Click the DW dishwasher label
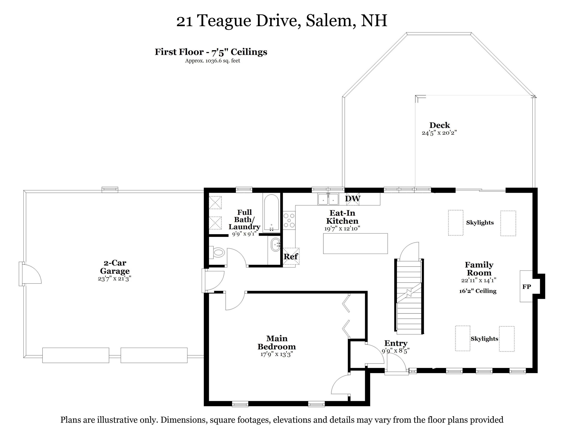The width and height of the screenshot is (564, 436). point(352,199)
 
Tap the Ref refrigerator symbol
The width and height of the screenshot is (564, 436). point(291,256)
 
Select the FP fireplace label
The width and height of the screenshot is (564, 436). point(527,287)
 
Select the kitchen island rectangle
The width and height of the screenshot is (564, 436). point(355,243)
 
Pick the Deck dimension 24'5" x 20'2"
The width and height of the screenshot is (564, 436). point(439,133)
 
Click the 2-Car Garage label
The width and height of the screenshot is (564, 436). point(115,267)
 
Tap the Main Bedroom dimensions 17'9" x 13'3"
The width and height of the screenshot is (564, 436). point(277,354)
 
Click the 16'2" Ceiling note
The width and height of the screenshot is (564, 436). point(478,291)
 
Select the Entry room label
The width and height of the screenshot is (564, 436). point(396,343)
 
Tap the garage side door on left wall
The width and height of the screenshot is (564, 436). point(30,273)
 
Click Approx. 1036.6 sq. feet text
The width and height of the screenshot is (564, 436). point(212,61)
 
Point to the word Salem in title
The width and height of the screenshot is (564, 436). point(329,20)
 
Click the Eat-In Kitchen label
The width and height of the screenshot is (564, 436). point(342,217)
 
